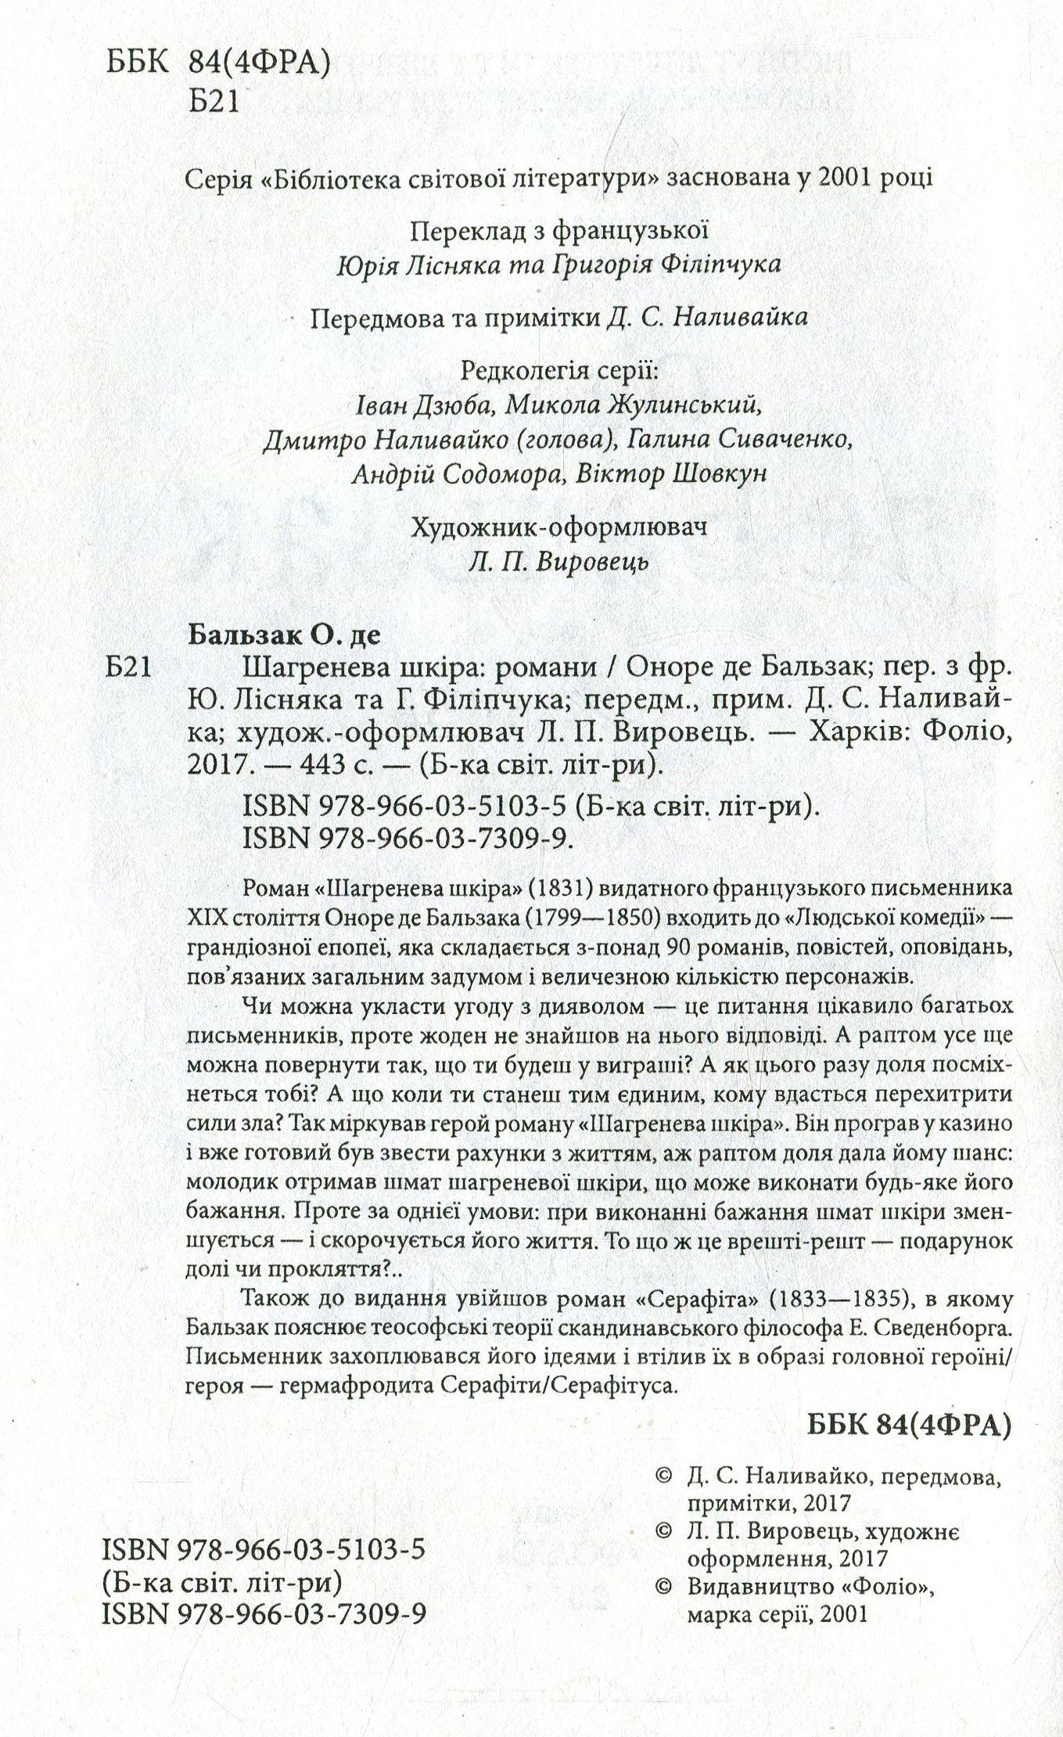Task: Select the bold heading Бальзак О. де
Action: point(285,635)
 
